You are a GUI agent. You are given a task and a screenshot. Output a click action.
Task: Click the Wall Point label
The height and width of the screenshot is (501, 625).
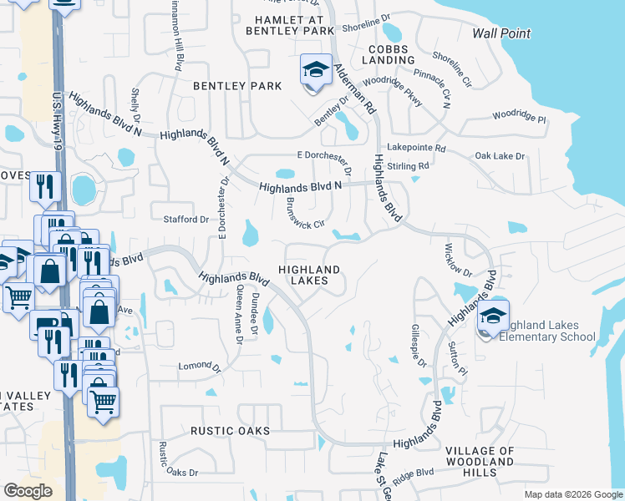tap(501, 33)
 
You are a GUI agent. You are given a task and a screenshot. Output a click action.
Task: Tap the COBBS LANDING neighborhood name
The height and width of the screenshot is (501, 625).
tap(389, 54)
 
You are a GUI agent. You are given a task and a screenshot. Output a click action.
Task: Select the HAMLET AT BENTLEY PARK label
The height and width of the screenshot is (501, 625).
tap(290, 24)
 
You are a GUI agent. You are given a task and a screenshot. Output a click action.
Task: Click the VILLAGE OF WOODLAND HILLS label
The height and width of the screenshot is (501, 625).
tap(480, 461)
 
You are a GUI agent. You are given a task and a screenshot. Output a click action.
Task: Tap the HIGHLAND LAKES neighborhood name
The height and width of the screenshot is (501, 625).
tap(309, 276)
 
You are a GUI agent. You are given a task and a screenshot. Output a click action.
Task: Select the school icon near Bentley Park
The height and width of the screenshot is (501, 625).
tap(315, 70)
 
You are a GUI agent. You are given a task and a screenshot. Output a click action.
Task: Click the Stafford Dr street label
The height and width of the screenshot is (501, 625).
tap(185, 220)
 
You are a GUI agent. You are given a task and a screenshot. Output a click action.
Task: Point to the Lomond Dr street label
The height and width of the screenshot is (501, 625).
tap(198, 366)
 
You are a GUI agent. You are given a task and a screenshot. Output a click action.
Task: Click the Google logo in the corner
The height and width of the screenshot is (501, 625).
tap(28, 490)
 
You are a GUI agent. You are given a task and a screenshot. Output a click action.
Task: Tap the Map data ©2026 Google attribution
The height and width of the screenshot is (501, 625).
tap(572, 494)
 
